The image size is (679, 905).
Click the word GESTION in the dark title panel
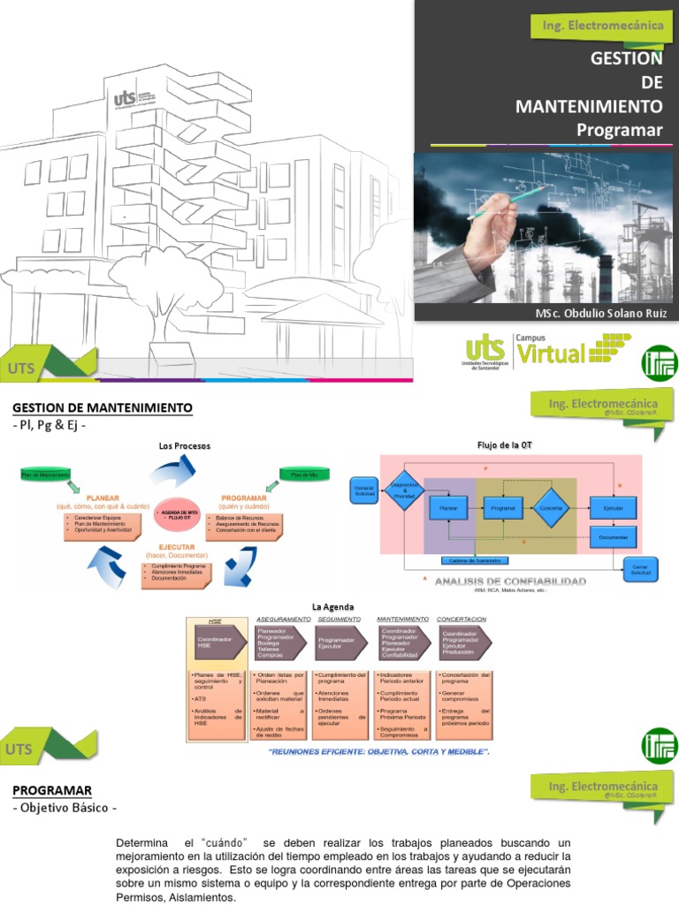(626, 58)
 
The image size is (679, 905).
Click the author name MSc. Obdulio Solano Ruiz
(599, 314)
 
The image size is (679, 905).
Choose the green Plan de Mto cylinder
(304, 475)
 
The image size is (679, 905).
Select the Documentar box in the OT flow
(613, 536)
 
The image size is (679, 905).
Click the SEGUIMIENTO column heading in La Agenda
(338, 619)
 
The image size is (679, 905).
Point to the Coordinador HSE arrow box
(213, 643)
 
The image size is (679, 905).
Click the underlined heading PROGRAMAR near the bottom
(52, 789)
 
